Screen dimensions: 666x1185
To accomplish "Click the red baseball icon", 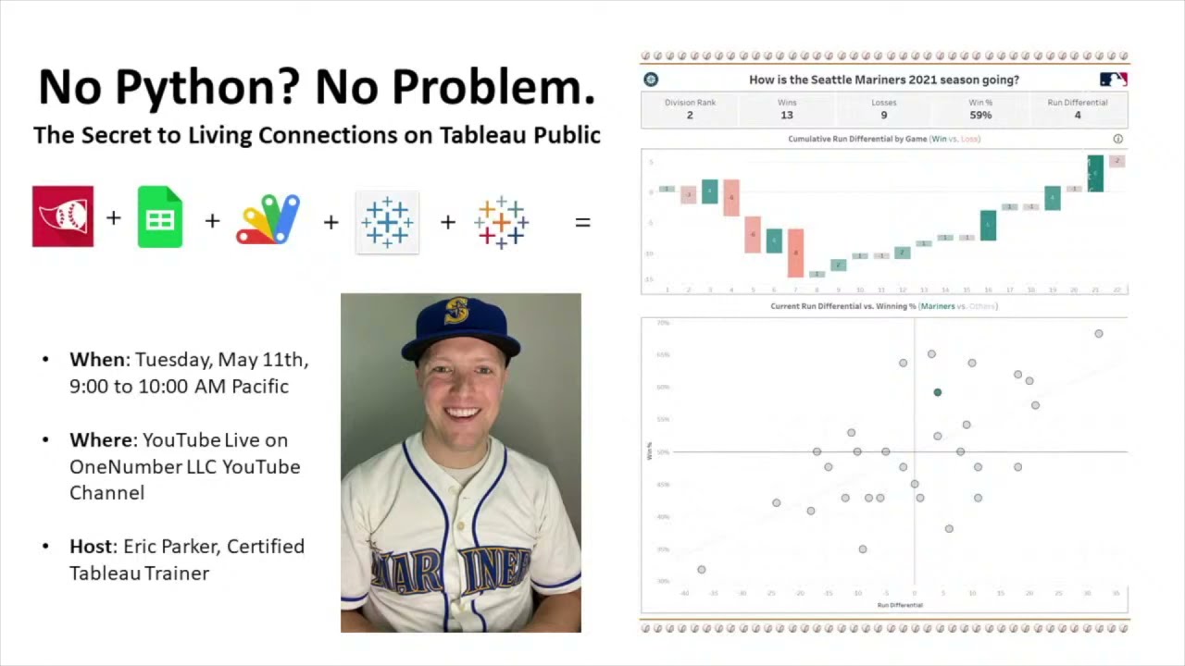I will [x=63, y=216].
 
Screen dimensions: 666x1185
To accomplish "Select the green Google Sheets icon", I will [x=160, y=216].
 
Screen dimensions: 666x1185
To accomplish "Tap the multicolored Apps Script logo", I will [x=268, y=219].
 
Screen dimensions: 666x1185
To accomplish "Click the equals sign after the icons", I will [x=582, y=222].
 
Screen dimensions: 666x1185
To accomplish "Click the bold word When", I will [x=97, y=360].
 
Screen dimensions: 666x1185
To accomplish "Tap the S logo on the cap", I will [x=456, y=311].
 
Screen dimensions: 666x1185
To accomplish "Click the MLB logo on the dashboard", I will [x=1113, y=80].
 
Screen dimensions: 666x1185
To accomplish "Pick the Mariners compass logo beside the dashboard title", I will [x=651, y=80].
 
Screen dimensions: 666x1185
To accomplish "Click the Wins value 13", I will [x=787, y=115].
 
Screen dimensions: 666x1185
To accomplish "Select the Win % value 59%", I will [x=980, y=115].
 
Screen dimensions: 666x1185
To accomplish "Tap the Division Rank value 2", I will [x=690, y=115].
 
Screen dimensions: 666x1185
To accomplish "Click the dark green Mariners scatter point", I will [x=938, y=392].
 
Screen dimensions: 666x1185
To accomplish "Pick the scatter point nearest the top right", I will [x=1099, y=334].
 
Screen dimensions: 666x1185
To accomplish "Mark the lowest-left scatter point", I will [x=702, y=570].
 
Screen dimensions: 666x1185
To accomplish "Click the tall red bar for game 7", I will [x=795, y=252].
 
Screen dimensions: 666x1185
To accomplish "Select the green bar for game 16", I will [x=988, y=225].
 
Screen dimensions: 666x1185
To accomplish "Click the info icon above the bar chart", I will [x=1117, y=139].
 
